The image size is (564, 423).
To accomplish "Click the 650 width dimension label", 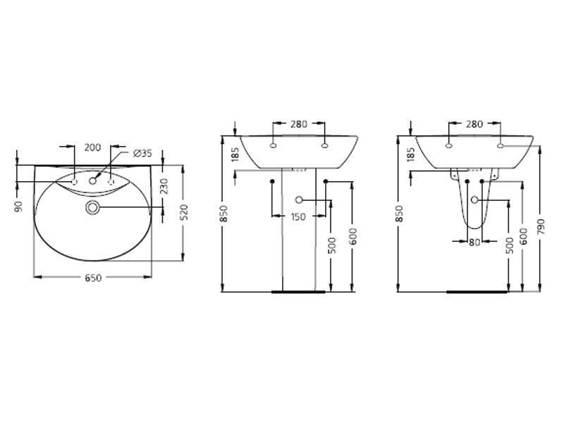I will pyautogui.click(x=93, y=278).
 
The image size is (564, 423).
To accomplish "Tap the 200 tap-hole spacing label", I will pyautogui.click(x=92, y=147).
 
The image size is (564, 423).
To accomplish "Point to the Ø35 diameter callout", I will pyautogui.click(x=142, y=154).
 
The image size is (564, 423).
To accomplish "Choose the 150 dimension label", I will pyautogui.click(x=298, y=217).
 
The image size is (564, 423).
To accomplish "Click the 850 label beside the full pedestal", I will pyautogui.click(x=223, y=214).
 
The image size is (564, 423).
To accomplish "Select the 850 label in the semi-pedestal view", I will pyautogui.click(x=399, y=214).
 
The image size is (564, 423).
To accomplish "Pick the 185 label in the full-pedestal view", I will pyautogui.click(x=233, y=154).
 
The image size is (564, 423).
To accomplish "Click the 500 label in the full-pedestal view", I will pyautogui.click(x=331, y=244).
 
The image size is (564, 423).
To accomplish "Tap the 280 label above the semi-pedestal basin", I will pyautogui.click(x=474, y=124).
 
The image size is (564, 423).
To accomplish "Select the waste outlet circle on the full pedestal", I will pyautogui.click(x=299, y=200).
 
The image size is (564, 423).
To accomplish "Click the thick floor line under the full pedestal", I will pyautogui.click(x=298, y=290).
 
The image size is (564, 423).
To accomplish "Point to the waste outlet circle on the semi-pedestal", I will pyautogui.click(x=474, y=200).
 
